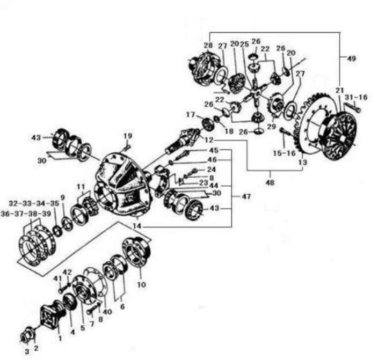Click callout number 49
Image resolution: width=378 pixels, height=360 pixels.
click(x=352, y=58)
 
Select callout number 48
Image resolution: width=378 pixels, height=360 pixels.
click(x=270, y=182)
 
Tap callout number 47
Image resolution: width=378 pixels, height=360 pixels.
click(x=246, y=196)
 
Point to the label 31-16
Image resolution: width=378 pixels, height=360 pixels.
click(x=356, y=97)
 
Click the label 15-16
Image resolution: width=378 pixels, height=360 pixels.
click(x=284, y=153)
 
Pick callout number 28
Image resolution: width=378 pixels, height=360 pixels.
click(x=208, y=45)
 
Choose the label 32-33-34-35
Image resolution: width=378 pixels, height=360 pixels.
click(x=34, y=203)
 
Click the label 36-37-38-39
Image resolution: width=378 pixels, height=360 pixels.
click(x=26, y=214)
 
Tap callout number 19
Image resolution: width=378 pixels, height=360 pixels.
click(x=128, y=136)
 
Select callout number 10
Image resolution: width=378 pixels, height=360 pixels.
click(x=142, y=284)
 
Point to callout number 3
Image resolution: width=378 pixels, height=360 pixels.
click(x=27, y=351)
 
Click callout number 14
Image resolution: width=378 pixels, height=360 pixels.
click(x=137, y=226)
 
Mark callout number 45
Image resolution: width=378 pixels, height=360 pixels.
click(x=214, y=150)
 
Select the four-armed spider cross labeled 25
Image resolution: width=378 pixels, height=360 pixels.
click(x=257, y=92)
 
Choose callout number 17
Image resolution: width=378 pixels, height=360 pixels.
click(x=191, y=115)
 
